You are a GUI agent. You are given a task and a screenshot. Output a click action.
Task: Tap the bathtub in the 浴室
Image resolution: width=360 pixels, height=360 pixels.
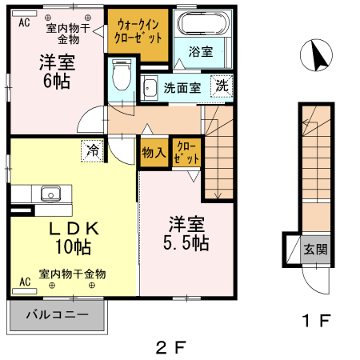pyautogui.click(x=201, y=27)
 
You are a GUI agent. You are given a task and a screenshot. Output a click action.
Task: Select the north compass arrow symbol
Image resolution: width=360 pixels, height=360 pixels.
pyautogui.click(x=317, y=57)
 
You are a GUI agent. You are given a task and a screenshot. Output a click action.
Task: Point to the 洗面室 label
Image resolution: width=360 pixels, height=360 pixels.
pyautogui.click(x=182, y=88)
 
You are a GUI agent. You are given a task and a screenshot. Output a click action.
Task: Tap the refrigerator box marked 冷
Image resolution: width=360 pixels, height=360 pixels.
pyautogui.click(x=94, y=150)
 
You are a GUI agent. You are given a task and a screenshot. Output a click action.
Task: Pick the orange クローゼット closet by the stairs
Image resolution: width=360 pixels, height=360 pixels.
pyautogui.click(x=186, y=153)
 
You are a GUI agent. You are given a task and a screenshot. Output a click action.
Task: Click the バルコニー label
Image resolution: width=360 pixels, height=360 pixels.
pyautogui.click(x=57, y=315)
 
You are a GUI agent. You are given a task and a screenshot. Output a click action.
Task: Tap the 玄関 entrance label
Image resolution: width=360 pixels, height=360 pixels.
pyautogui.click(x=314, y=249)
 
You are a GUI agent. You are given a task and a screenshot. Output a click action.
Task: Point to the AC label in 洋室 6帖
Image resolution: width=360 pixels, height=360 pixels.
pyautogui.click(x=24, y=22)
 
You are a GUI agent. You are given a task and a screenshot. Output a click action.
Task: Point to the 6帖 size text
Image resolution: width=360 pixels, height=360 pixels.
pyautogui.click(x=55, y=81)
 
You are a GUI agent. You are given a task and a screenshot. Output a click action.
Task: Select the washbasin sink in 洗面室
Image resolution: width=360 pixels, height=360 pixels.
pyautogui.click(x=150, y=87)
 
